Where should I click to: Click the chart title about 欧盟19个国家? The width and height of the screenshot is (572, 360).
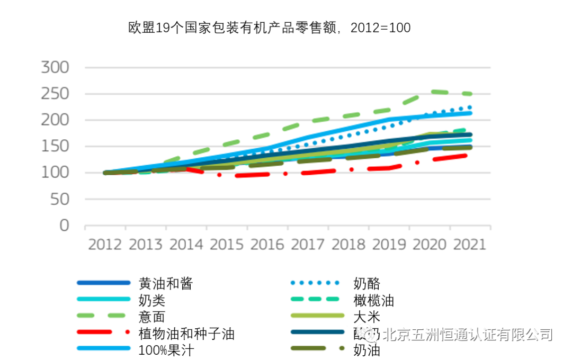click(x=270, y=28)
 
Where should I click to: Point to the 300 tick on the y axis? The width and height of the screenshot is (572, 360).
click(x=56, y=67)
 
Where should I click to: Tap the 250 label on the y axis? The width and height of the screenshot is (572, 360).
click(x=56, y=94)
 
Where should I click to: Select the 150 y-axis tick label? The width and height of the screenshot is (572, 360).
click(x=56, y=147)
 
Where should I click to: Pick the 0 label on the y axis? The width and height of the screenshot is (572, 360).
click(x=65, y=226)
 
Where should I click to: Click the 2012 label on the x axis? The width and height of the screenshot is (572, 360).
click(x=105, y=245)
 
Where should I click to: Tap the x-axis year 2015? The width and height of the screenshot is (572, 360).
click(x=227, y=245)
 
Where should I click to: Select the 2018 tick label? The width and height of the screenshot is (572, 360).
click(x=348, y=245)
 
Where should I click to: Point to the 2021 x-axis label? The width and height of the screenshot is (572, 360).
click(x=469, y=245)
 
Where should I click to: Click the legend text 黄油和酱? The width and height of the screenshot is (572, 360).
click(x=165, y=283)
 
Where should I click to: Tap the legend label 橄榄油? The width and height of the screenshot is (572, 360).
click(x=373, y=301)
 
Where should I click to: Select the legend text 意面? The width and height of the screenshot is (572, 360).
click(x=151, y=317)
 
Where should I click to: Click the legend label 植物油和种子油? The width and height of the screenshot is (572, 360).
click(x=186, y=334)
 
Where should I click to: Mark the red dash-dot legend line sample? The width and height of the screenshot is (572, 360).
click(x=103, y=333)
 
